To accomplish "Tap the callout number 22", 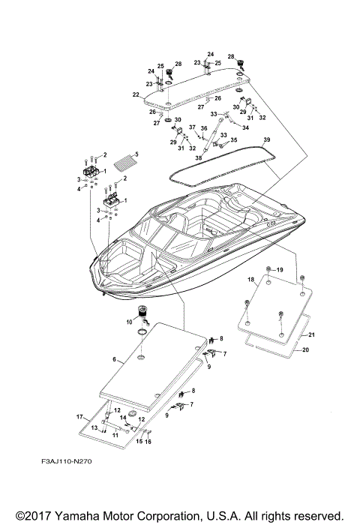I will pyautogui.click(x=136, y=94).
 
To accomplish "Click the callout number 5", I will pyautogui.click(x=136, y=154).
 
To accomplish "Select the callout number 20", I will pyautogui.click(x=304, y=349).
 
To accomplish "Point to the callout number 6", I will pyautogui.click(x=114, y=360).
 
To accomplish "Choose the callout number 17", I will pyautogui.click(x=79, y=415).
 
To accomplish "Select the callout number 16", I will pyautogui.click(x=148, y=442).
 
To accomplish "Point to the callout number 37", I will pyautogui.click(x=191, y=127).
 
